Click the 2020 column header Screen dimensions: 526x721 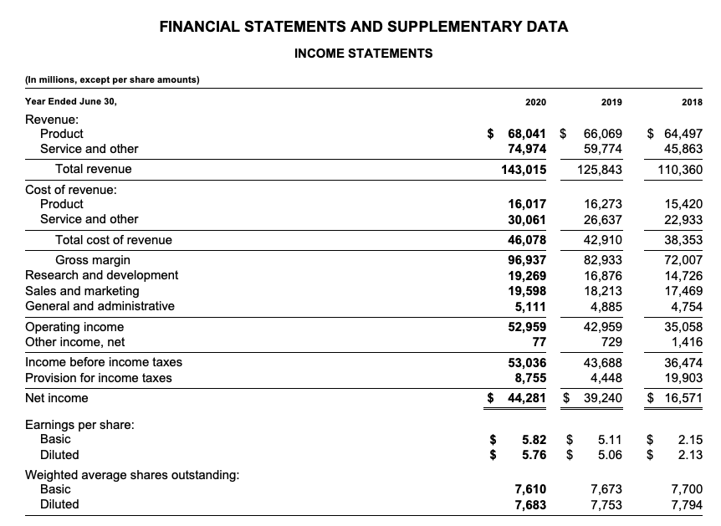[535, 102]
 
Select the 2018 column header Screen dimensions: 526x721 [692, 102]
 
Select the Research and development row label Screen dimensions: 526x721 [101, 275]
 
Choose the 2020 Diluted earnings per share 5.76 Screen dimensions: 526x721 [534, 455]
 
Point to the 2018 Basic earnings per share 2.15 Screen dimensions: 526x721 [690, 439]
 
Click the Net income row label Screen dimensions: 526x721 [57, 398]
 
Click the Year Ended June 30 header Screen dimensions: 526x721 [71, 102]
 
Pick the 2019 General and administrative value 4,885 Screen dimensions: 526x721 [604, 306]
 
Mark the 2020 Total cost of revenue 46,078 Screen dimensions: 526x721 [527, 240]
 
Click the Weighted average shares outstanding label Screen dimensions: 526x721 [132, 474]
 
